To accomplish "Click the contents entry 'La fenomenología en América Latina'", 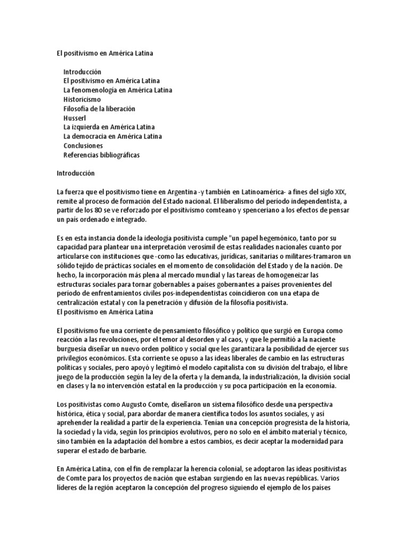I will pyautogui.click(x=117, y=90).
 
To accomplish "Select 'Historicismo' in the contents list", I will pyautogui.click(x=82, y=99).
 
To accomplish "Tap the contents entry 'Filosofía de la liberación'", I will pyautogui.click(x=99, y=109).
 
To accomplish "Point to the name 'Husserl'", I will pyautogui.click(x=75, y=118).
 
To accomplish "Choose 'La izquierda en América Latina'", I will pyautogui.click(x=109, y=127).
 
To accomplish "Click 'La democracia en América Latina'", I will pyautogui.click(x=113, y=136).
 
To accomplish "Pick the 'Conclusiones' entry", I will pyautogui.click(x=83, y=145).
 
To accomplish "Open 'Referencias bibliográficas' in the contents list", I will pyautogui.click(x=102, y=155).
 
